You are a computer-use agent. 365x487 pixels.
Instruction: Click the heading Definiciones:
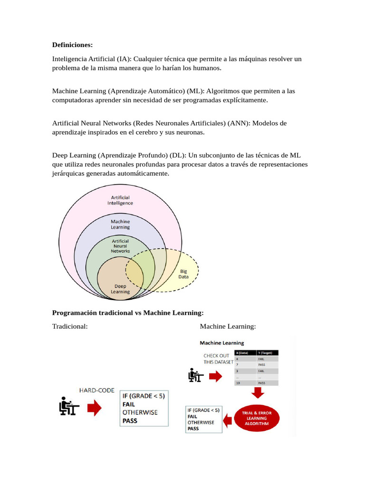(x=72, y=45)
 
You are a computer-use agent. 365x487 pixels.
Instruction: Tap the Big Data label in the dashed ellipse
(x=183, y=273)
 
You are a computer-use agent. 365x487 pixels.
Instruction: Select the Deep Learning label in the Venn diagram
(x=120, y=289)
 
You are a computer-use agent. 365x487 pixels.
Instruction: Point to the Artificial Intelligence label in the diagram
(x=120, y=200)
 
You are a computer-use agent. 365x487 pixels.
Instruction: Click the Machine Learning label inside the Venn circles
(x=120, y=224)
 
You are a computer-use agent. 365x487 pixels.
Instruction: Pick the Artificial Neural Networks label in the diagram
(x=120, y=246)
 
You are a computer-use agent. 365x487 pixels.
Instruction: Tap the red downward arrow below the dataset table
(x=258, y=392)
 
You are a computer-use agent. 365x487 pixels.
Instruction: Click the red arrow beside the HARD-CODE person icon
(x=95, y=408)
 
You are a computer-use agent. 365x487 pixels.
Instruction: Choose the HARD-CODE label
(x=96, y=390)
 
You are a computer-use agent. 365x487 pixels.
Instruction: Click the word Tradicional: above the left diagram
(x=70, y=326)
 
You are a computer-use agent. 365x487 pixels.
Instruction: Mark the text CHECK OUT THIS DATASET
(x=218, y=359)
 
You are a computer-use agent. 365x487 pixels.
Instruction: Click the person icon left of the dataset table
(x=195, y=376)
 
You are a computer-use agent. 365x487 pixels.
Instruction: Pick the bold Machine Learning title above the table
(x=222, y=342)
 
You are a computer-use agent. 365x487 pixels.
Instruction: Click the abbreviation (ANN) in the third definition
(x=238, y=123)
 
